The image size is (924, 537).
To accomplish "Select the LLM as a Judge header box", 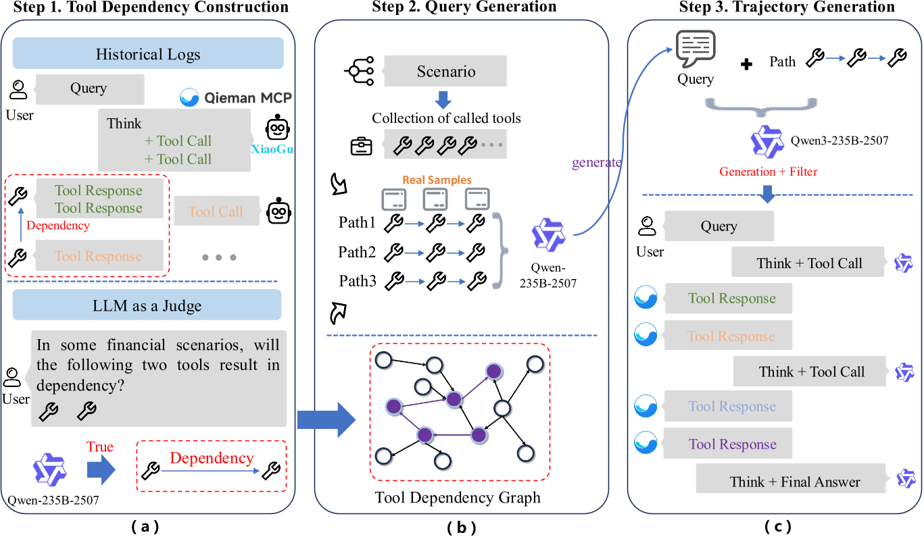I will pyautogui.click(x=147, y=305).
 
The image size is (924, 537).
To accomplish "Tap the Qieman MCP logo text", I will pyautogui.click(x=236, y=98).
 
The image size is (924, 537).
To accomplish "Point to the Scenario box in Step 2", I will pyautogui.click(x=445, y=71).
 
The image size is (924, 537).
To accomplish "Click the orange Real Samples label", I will pyautogui.click(x=437, y=180).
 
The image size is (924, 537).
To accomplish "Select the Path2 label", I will pyautogui.click(x=357, y=252).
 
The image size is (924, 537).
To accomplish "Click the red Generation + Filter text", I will pyautogui.click(x=768, y=172).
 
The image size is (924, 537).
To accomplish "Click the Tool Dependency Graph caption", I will pyautogui.click(x=458, y=498).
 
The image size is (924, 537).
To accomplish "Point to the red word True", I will pyautogui.click(x=99, y=447).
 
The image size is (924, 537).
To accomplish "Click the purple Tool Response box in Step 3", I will pyautogui.click(x=732, y=444).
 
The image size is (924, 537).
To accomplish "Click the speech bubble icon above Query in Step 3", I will pyautogui.click(x=696, y=50).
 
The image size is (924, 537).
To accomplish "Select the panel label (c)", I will pyautogui.click(x=777, y=526).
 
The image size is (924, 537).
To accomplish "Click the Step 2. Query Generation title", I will pyautogui.click(x=464, y=8).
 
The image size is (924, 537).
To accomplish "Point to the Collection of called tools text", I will pyautogui.click(x=446, y=118).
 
